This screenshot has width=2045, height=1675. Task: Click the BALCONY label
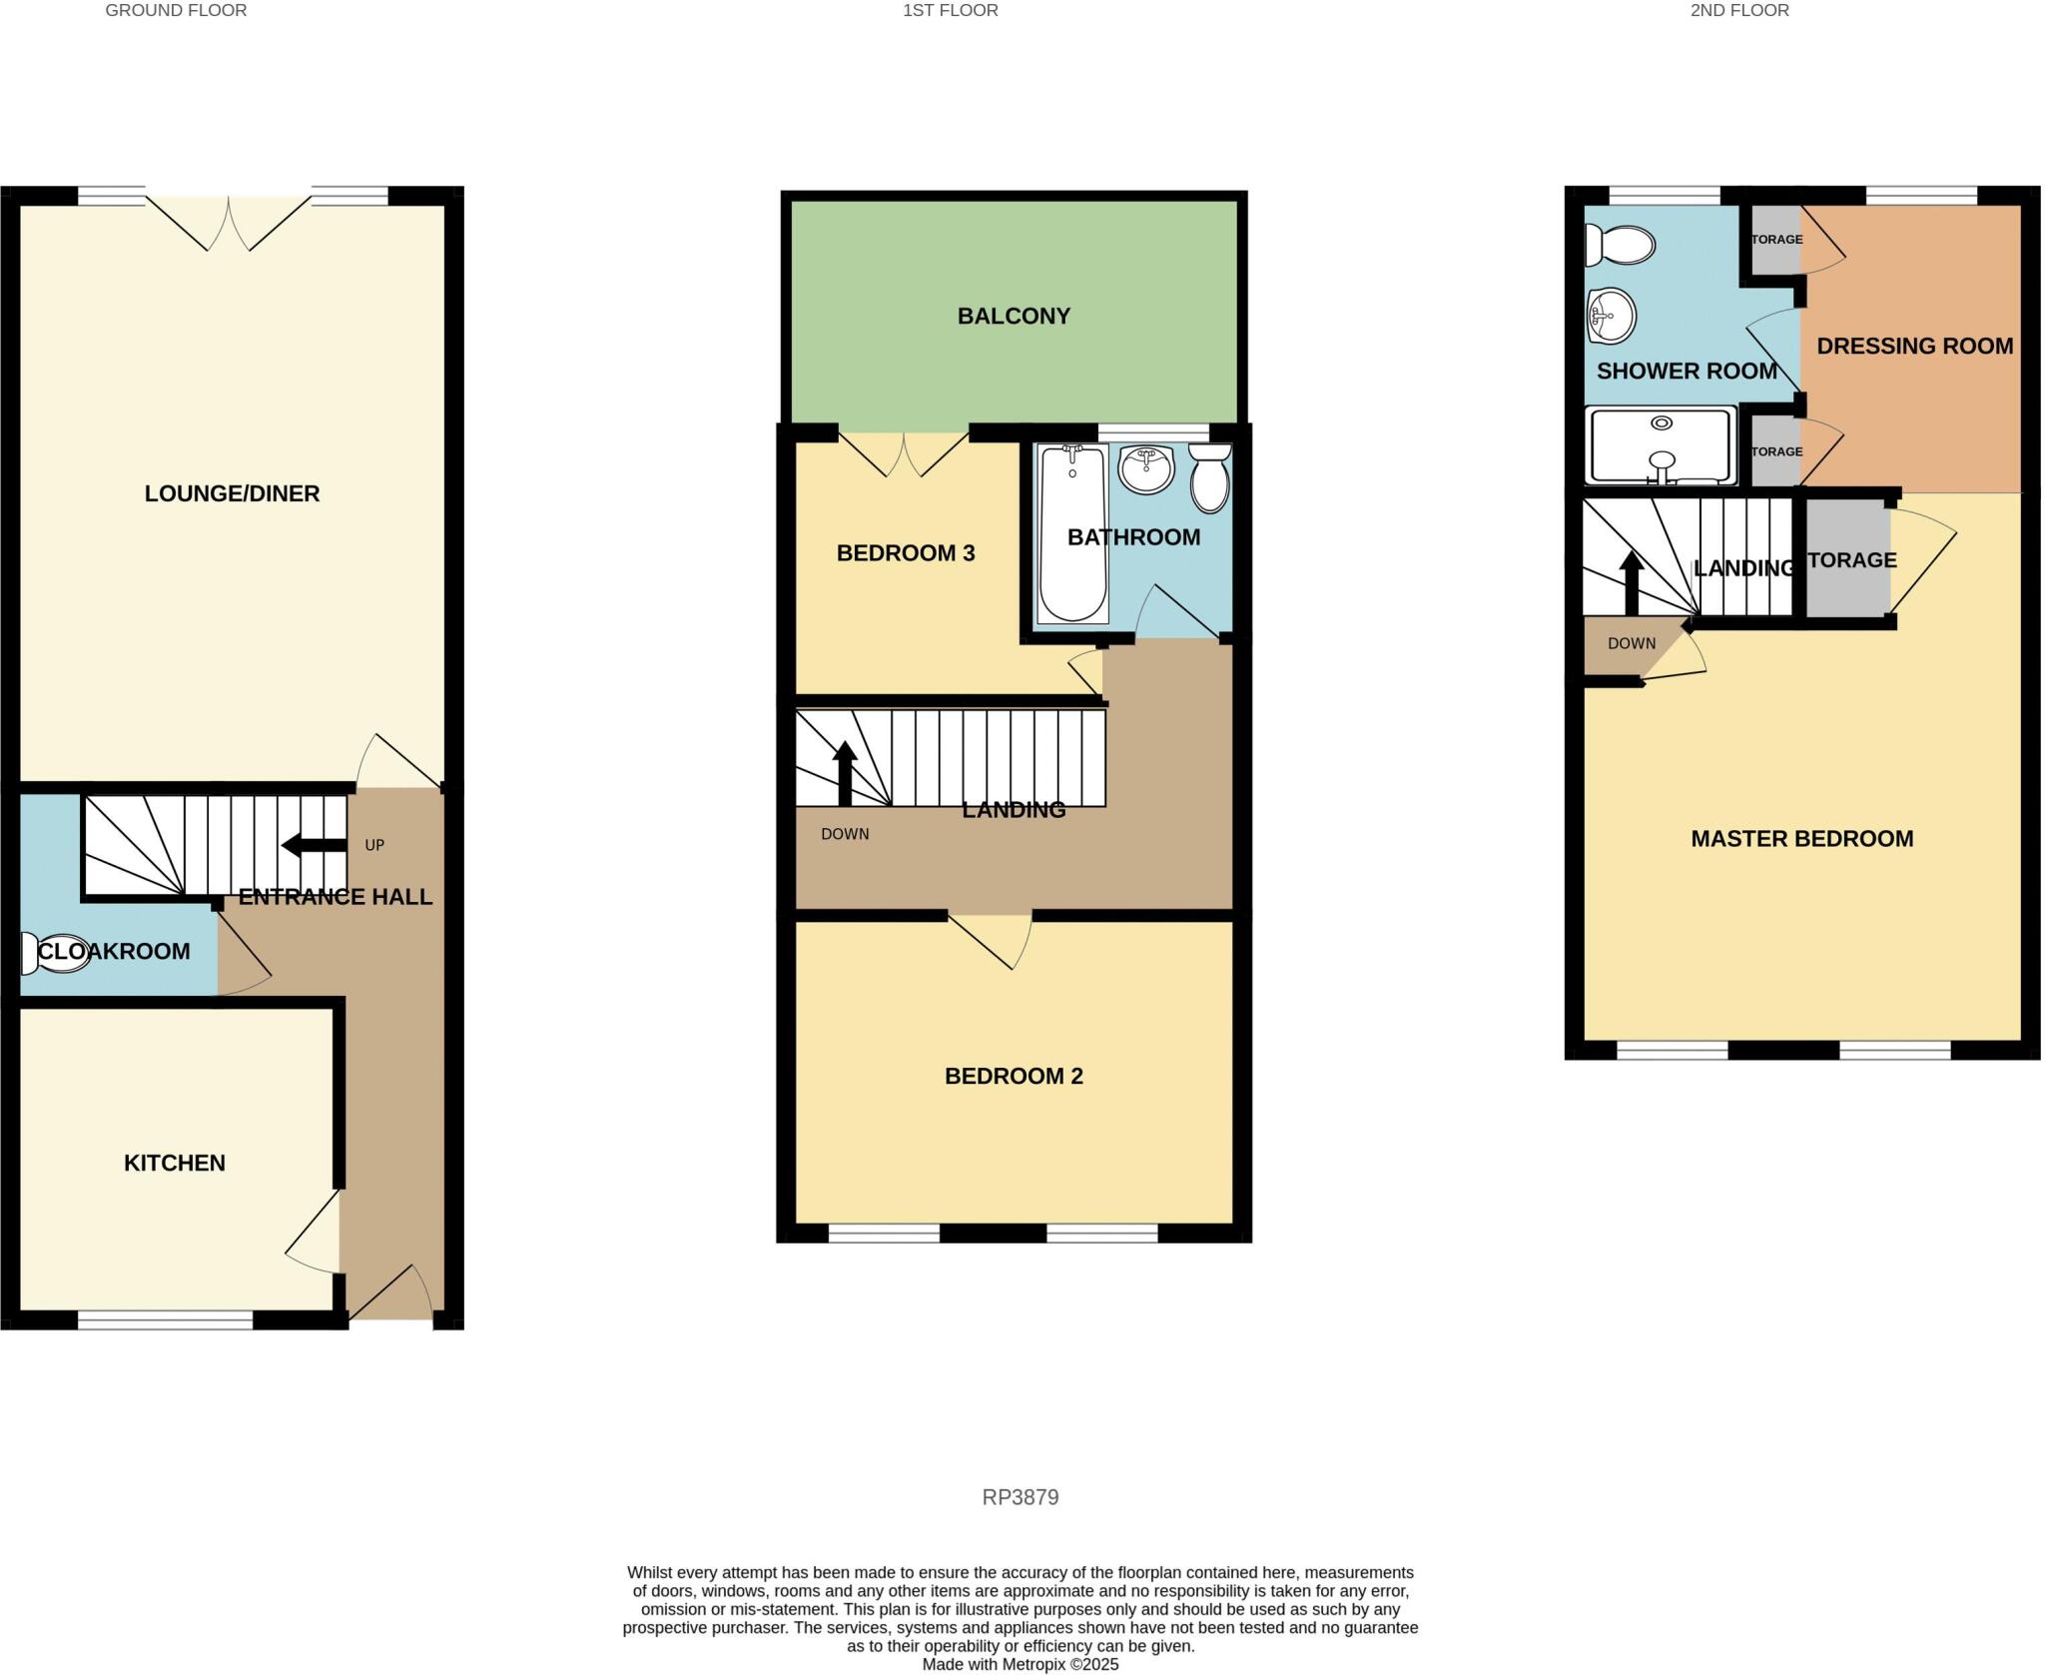coord(1014,316)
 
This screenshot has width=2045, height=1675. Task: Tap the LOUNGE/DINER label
coord(232,493)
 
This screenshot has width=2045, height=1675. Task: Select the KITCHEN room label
coord(175,1163)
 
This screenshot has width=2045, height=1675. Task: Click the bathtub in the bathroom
coord(1073,534)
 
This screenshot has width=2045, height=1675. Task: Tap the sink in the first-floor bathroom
coord(1146,468)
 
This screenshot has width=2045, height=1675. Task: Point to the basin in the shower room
coord(1611,317)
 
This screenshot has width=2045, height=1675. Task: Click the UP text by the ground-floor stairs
coord(374,845)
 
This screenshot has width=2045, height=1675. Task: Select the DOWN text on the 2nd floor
coord(1632,643)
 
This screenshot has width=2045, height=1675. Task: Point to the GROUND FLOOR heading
coord(176,10)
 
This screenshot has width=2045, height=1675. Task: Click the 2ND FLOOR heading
coord(1739,10)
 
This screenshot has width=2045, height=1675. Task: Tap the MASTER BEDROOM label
coord(1801,839)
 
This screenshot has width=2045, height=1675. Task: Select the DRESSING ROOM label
coord(1914,347)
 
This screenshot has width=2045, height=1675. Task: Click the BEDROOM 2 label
coord(1014,1076)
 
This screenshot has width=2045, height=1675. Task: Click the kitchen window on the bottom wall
coord(166,1320)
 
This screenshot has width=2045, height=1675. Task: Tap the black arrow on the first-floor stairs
coord(845,773)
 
